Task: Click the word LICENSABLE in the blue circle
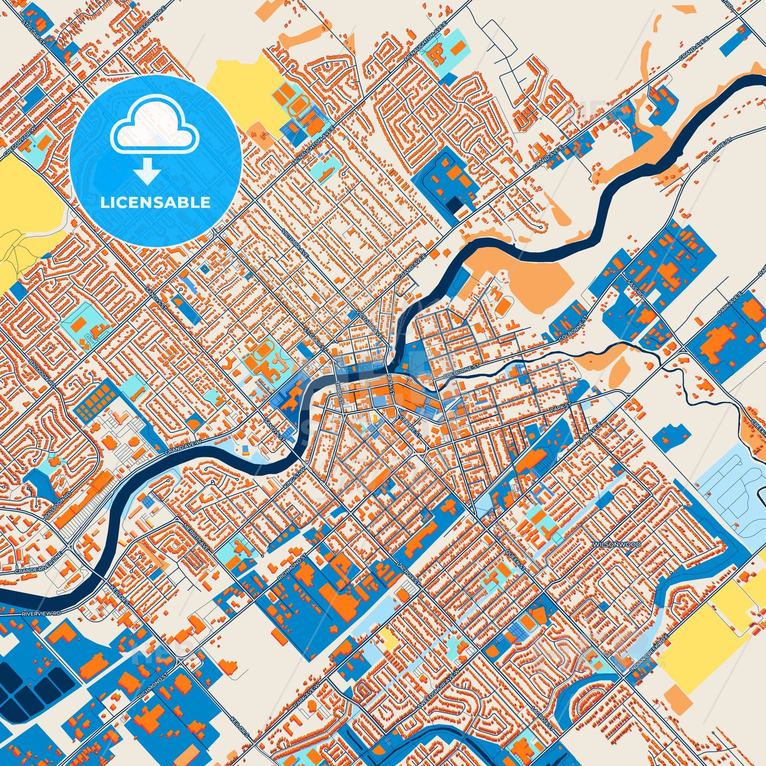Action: pos(155,203)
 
